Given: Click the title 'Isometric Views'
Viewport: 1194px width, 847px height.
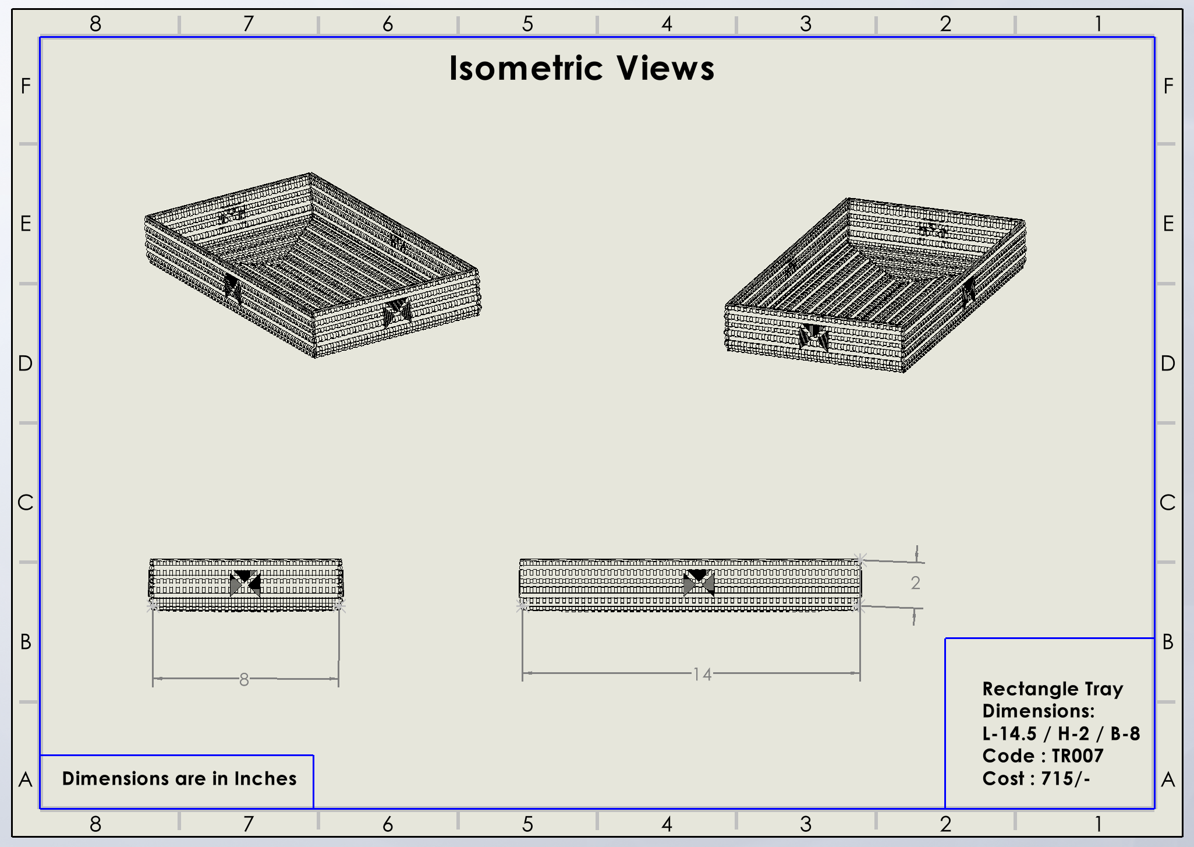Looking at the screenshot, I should click(582, 68).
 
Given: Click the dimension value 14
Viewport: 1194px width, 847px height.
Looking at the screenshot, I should click(702, 675).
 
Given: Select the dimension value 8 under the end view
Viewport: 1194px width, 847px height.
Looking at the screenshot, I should click(244, 679).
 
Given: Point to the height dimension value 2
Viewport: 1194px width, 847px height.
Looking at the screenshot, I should click(915, 583).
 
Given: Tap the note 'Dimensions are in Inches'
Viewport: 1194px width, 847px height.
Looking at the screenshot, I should click(179, 779).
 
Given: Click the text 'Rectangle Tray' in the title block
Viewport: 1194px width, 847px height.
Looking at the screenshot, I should click(1053, 689).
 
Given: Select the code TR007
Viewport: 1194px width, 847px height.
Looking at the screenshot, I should click(1077, 756).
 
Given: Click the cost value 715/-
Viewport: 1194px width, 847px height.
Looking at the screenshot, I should click(1065, 779).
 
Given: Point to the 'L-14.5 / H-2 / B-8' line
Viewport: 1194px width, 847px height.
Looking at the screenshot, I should click(1061, 733).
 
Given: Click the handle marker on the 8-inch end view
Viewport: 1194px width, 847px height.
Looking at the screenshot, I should click(245, 583).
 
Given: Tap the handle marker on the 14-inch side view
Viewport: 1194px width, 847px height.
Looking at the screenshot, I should click(698, 582).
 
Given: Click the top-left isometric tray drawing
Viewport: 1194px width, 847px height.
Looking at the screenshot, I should click(313, 265).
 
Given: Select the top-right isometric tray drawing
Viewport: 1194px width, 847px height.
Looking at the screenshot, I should click(875, 285).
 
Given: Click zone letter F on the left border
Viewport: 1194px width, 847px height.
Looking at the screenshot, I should click(26, 86).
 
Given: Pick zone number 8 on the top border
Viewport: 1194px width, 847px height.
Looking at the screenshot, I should click(95, 24).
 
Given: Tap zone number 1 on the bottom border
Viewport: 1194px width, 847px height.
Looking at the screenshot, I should click(1098, 824).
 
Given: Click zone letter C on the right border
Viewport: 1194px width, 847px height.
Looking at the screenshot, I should click(1168, 503).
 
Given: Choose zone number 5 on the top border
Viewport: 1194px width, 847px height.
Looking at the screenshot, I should click(527, 24).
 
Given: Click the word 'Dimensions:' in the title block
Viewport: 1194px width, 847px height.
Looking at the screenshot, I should click(1039, 711).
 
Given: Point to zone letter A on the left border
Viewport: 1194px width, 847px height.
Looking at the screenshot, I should click(26, 779).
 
